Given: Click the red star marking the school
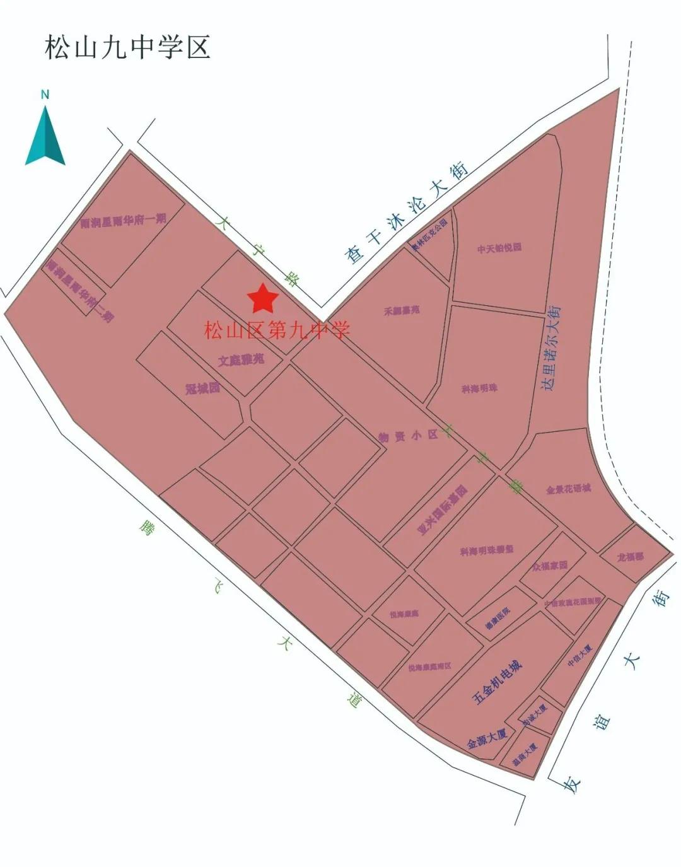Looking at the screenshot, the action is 262,299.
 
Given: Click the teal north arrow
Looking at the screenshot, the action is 45,137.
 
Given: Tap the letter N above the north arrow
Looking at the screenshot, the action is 45,95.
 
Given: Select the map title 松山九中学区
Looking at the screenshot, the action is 127,47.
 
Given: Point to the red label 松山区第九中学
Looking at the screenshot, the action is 277,329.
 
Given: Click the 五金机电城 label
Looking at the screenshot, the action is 498,682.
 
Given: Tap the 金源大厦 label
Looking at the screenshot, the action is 487,738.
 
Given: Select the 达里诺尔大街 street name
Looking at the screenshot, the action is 551,348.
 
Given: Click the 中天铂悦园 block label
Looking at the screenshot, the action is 499,248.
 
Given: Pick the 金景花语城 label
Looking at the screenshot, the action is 568,489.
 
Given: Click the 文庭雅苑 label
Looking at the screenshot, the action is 241,361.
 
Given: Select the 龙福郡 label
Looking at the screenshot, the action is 630,557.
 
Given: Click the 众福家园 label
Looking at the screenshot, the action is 549,566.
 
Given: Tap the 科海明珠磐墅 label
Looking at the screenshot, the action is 486,550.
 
